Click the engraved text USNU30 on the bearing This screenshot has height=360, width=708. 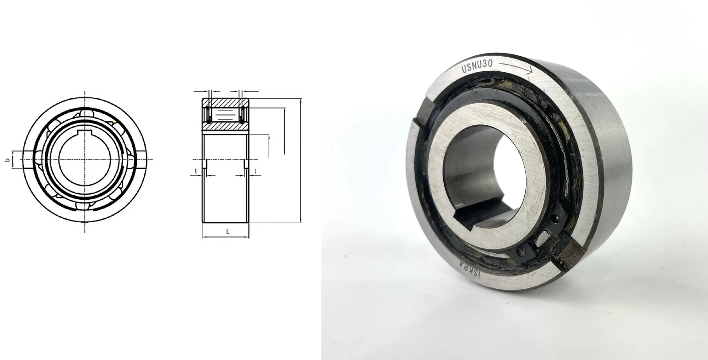[477, 66]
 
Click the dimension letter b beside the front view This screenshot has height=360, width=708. [8, 160]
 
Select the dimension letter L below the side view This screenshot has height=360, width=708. [228, 232]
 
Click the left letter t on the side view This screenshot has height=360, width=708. [196, 171]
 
